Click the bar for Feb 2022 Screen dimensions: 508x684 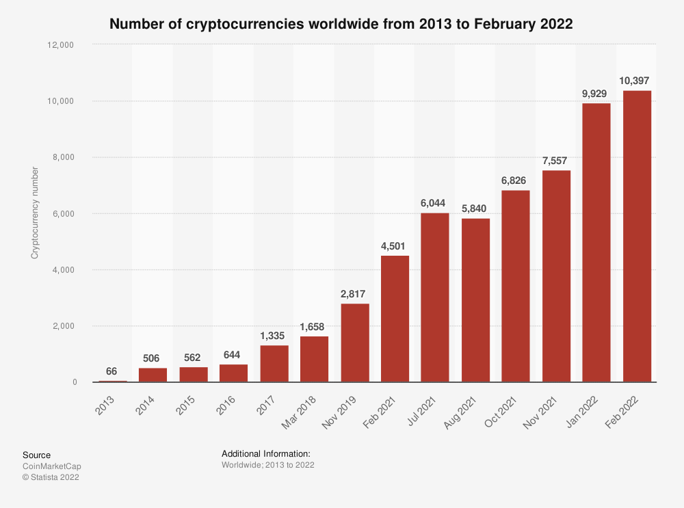(636, 236)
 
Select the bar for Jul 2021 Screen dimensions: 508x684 (435, 297)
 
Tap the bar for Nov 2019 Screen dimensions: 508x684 (354, 343)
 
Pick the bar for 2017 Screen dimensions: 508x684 (274, 363)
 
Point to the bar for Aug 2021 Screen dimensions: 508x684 (475, 300)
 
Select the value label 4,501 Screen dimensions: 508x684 (395, 245)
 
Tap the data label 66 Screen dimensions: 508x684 (113, 371)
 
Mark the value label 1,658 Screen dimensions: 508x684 (315, 325)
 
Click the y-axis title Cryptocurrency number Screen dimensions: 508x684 (34, 213)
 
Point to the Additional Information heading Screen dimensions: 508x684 (266, 454)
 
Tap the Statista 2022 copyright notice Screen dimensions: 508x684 (51, 477)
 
